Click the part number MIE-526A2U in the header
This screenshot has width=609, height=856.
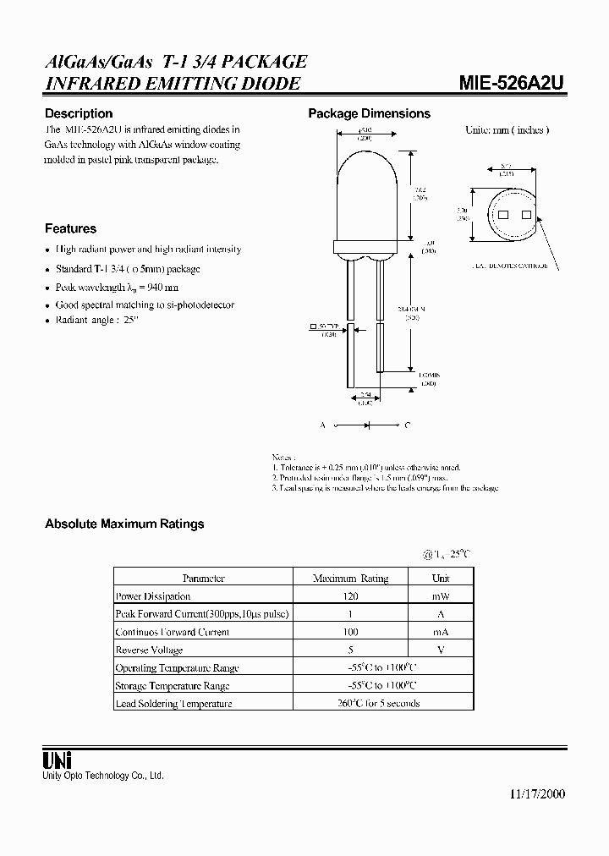pyautogui.click(x=512, y=84)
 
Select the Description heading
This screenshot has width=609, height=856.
pyautogui.click(x=79, y=113)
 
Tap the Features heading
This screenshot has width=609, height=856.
pyautogui.click(x=70, y=228)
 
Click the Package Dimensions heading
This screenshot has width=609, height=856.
pyautogui.click(x=369, y=113)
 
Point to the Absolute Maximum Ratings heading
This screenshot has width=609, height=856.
pyautogui.click(x=124, y=524)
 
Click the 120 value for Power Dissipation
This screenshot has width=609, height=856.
pyautogui.click(x=350, y=596)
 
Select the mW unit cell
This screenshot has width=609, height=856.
pyautogui.click(x=441, y=596)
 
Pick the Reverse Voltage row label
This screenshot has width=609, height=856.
pyautogui.click(x=149, y=650)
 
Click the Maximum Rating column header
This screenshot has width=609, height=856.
pyautogui.click(x=350, y=579)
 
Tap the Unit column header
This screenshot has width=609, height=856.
pyautogui.click(x=441, y=579)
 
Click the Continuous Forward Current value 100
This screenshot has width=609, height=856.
pyautogui.click(x=350, y=632)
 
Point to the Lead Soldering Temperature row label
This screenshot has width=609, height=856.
pyautogui.click(x=173, y=703)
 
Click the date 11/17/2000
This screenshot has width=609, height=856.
pyautogui.click(x=538, y=794)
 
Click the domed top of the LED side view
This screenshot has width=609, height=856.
pyautogui.click(x=365, y=178)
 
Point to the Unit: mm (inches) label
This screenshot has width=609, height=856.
pyautogui.click(x=507, y=130)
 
